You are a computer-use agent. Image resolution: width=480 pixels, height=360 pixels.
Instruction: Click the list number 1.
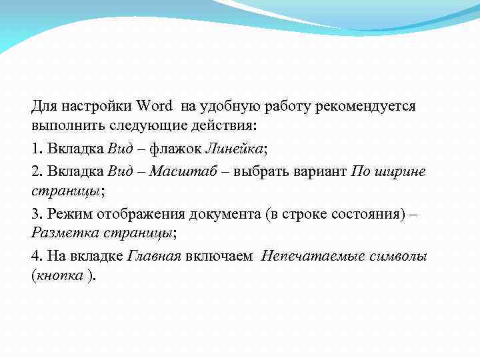click(35, 148)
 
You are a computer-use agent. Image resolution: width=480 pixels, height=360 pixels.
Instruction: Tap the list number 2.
click(35, 171)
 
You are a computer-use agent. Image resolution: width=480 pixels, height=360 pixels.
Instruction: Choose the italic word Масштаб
click(181, 171)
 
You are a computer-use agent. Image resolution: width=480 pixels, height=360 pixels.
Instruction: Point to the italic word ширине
click(401, 171)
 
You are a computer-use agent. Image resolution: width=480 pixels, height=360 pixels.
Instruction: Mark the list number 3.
click(35, 213)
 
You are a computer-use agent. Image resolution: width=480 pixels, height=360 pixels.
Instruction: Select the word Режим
click(67, 213)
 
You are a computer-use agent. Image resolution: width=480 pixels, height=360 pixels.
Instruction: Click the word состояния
click(373, 213)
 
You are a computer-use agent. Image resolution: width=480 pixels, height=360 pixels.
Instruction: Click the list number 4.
click(35, 256)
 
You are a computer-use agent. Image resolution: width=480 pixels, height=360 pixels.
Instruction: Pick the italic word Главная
click(154, 256)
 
